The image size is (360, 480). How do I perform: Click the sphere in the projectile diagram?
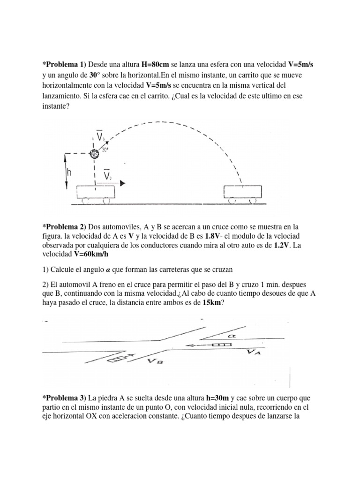point(94,153)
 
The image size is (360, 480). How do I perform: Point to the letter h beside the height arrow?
point(69,172)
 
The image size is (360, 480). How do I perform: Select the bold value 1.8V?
point(214,236)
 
